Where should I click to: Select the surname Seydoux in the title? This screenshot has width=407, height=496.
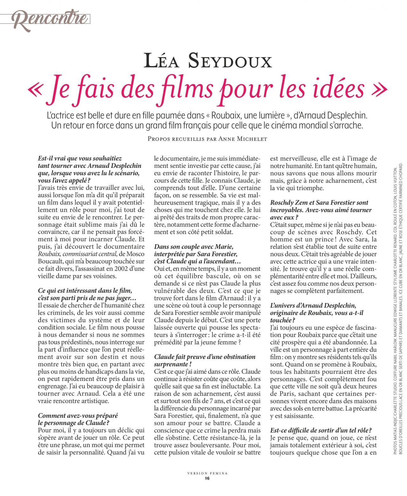point(230,61)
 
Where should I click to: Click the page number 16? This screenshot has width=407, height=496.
point(207,478)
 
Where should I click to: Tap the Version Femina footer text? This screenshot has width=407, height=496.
point(207,473)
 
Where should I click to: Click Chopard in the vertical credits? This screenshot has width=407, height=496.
point(401,172)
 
